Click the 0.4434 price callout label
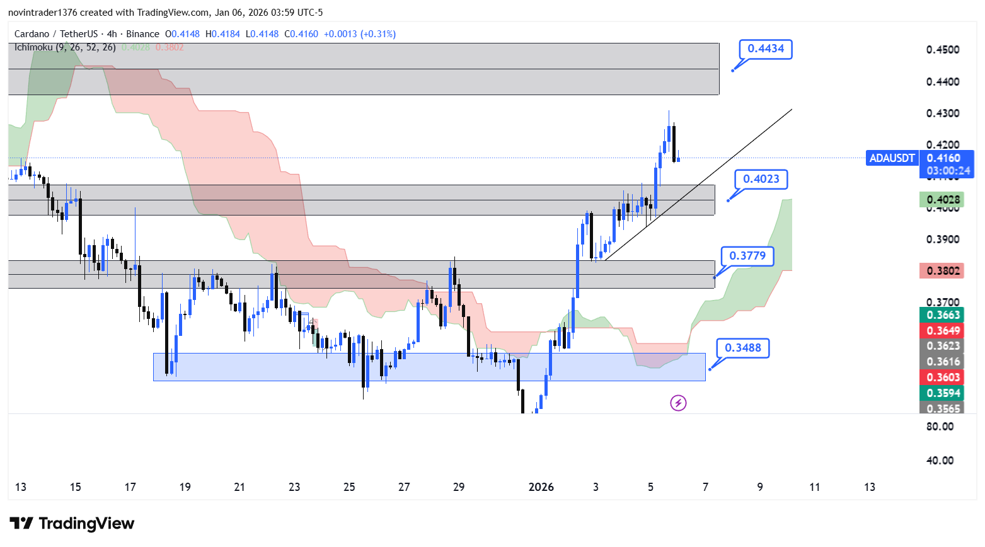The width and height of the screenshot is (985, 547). coord(766,49)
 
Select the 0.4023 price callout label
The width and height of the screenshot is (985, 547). coord(761,179)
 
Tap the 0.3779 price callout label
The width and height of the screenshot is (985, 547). coord(747,256)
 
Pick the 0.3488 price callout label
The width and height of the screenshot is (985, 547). coord(742,348)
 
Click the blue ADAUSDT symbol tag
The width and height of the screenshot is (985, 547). coord(892,158)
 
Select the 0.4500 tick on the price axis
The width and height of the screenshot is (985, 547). coord(943,50)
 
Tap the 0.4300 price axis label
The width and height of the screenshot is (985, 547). coord(943,113)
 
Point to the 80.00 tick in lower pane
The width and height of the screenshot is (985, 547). coord(940,427)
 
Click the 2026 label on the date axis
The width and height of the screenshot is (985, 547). coord(541,487)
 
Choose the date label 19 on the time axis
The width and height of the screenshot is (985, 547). coord(185,487)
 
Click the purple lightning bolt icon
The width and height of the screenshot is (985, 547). coord(678,403)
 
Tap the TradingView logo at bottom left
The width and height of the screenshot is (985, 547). coord(72,524)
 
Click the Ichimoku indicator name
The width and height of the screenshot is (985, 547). coord(34,47)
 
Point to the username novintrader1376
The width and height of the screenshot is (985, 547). coord(42,13)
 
